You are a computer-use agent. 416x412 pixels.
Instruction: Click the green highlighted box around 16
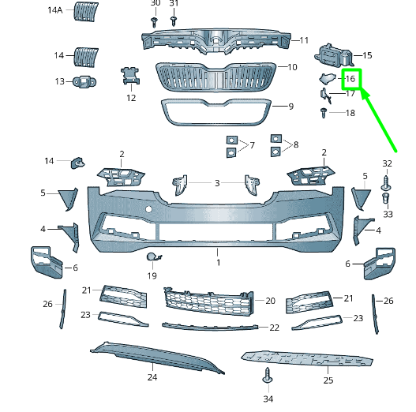coord(342,79)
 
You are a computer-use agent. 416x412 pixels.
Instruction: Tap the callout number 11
coord(304,40)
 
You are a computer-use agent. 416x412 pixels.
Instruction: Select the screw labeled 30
coord(154,22)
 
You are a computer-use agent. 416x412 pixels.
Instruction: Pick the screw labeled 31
coord(174,21)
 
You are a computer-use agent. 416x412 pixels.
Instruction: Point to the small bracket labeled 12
coord(130,76)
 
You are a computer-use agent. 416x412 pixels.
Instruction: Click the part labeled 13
coord(84,82)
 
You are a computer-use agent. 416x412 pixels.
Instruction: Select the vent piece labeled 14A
coord(85,11)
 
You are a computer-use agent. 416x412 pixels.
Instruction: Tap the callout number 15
coord(367,55)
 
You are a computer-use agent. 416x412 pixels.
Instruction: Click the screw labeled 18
coord(324,113)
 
